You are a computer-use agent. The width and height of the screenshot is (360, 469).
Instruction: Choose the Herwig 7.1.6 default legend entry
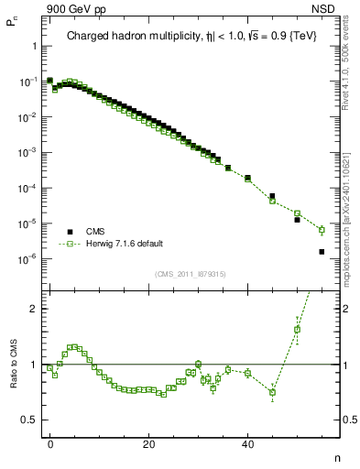[123, 245]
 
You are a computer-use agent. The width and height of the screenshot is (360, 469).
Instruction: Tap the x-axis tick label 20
[148, 443]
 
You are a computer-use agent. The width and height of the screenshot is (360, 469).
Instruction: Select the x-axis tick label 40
[247, 443]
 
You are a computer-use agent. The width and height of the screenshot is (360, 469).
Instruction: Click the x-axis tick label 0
[50, 443]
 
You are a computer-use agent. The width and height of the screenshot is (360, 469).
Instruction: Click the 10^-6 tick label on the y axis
[27, 259]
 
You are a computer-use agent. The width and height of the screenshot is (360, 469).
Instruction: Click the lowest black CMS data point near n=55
[322, 252]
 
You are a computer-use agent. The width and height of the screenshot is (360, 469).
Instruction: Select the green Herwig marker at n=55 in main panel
[322, 230]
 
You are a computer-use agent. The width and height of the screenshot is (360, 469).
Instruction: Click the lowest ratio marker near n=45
[272, 393]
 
